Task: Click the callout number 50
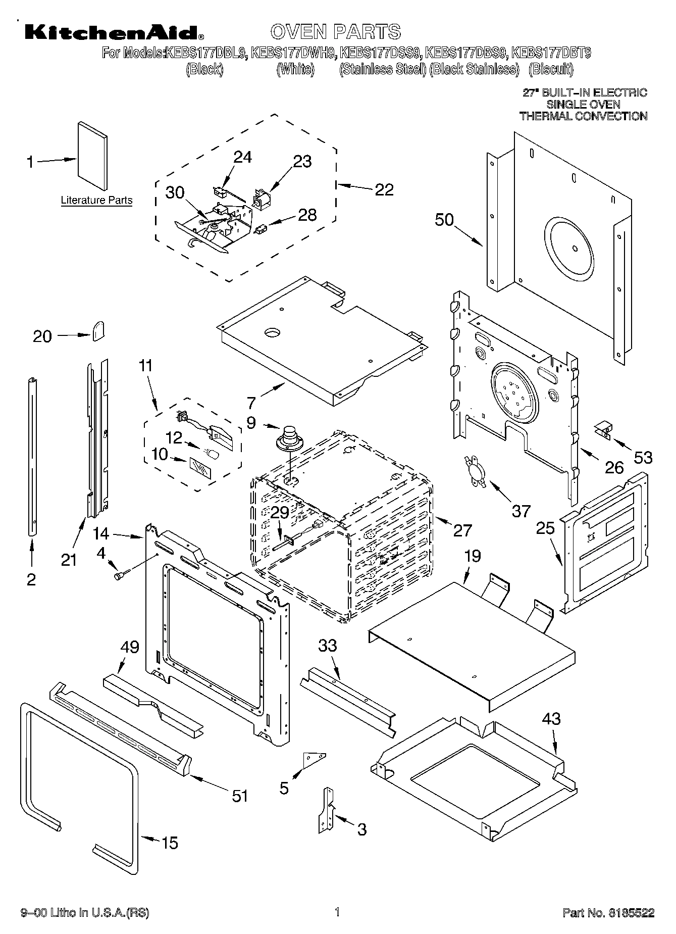pyautogui.click(x=444, y=220)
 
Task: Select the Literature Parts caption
pyautogui.click(x=96, y=200)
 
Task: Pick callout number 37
pyautogui.click(x=521, y=511)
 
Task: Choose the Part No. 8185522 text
pyautogui.click(x=608, y=913)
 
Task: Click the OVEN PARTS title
pyautogui.click(x=336, y=31)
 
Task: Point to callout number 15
pyautogui.click(x=170, y=843)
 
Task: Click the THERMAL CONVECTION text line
pyautogui.click(x=583, y=116)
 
